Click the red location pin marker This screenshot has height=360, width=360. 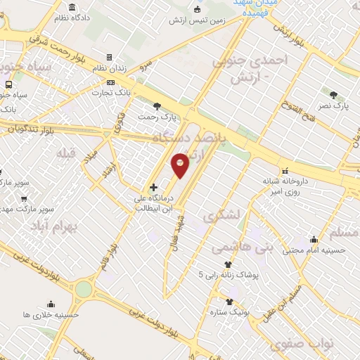[181, 167]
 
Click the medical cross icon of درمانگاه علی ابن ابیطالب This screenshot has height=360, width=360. [153, 187]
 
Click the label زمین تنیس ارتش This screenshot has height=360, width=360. [196, 20]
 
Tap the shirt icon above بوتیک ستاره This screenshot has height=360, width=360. [229, 302]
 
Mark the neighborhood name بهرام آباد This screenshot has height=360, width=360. [51, 226]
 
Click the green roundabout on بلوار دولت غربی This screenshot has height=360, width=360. [84, 289]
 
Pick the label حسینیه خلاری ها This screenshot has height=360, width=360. [50, 314]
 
